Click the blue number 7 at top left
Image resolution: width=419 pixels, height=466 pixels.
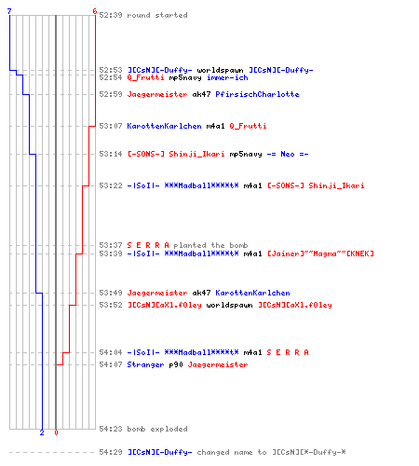(x=9, y=11)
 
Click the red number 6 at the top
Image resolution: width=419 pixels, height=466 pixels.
(x=95, y=11)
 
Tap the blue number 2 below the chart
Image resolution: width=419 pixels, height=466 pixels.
(x=42, y=432)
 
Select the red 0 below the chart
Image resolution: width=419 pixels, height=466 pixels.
(x=56, y=432)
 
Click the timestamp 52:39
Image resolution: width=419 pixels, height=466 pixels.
(x=111, y=15)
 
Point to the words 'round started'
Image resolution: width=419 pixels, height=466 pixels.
(x=157, y=15)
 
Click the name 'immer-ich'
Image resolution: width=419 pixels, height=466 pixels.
(x=227, y=77)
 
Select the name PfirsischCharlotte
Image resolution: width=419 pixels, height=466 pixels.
(x=257, y=94)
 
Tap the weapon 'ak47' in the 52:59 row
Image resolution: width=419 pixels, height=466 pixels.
(x=201, y=94)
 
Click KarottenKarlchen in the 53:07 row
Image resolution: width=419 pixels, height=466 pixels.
(x=164, y=126)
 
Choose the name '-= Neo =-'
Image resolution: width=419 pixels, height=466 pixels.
(x=288, y=154)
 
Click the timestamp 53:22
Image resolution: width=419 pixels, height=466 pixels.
(x=111, y=185)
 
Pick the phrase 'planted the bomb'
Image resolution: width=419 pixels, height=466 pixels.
(x=210, y=245)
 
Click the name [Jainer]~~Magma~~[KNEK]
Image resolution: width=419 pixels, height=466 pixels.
(x=320, y=254)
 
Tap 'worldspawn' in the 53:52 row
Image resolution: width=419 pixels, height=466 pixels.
(x=229, y=305)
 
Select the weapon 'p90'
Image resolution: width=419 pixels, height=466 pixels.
(x=176, y=364)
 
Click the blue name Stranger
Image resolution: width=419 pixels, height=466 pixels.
(x=145, y=364)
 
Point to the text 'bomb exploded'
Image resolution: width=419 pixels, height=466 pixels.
(x=157, y=429)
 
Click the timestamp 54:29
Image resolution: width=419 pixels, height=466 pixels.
(x=111, y=452)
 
